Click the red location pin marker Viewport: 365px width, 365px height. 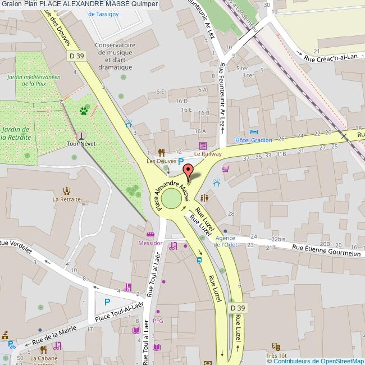coord(188,172)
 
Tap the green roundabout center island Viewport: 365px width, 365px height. coord(171,198)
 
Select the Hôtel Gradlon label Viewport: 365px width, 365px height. coord(253,140)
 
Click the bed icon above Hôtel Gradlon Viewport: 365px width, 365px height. coord(253,131)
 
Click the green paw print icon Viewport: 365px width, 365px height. coord(84,111)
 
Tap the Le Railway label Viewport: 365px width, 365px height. coord(208,154)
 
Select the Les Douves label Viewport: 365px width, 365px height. coord(158,161)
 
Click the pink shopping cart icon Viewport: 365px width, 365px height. coord(226,168)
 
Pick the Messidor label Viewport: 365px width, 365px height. coord(150,243)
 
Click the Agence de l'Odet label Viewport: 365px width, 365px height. coord(225,241)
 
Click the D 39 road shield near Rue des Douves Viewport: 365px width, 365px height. coord(77,56)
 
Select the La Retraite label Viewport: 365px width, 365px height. coord(67,199)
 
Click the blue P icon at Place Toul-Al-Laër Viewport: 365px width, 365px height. coord(107,302)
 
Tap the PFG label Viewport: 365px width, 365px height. coord(158,321)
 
